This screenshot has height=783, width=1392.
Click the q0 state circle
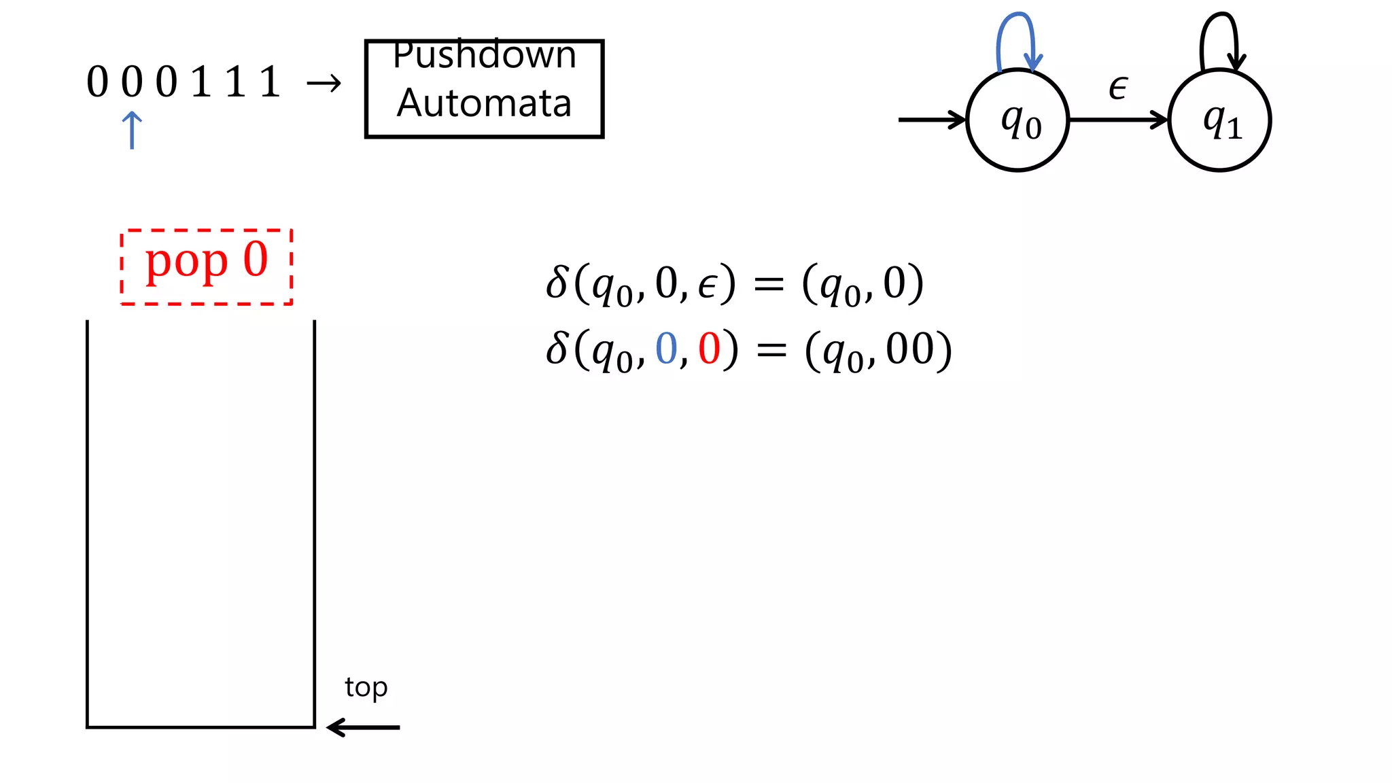coord(1017,120)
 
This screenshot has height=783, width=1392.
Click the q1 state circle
coord(1219,120)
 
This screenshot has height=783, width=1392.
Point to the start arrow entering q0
coord(931,120)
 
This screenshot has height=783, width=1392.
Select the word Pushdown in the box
coord(485,56)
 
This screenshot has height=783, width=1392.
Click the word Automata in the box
coord(484,103)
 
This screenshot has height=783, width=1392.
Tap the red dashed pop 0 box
coord(207,266)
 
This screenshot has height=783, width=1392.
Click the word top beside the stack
coord(366,688)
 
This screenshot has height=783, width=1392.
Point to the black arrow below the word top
coord(364,727)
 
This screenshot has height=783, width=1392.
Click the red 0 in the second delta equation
coord(709,349)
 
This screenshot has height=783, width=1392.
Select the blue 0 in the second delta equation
coord(666,349)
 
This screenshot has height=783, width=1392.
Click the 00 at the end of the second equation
coord(909,349)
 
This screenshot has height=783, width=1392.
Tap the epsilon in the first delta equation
coord(708,285)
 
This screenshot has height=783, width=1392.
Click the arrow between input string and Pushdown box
coord(324,84)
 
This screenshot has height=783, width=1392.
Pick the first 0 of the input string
coord(97,82)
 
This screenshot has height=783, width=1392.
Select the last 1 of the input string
coord(270,82)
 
